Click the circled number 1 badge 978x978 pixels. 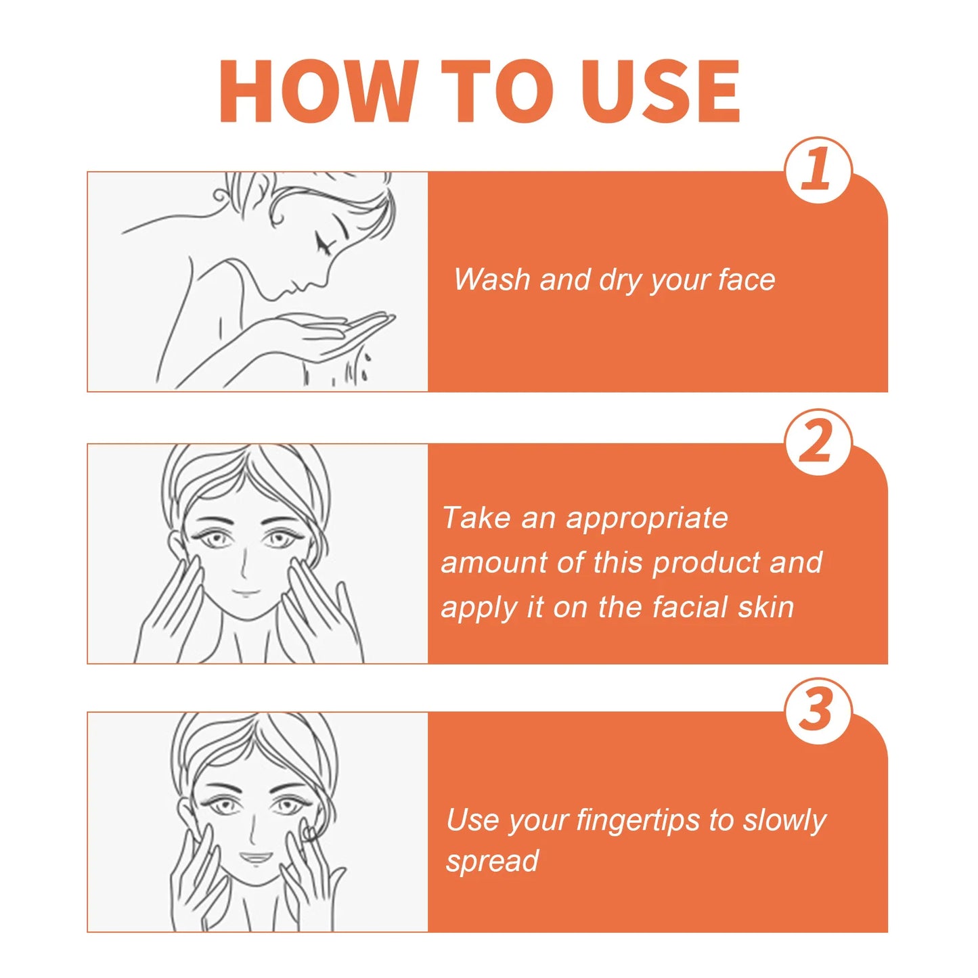coord(818,170)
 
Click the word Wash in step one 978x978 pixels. coord(492,280)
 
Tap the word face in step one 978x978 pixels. coord(747,280)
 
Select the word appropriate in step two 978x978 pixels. coord(647,519)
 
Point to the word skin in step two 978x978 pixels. coord(765,607)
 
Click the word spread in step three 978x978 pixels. coord(492,862)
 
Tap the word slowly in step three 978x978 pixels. coord(784,821)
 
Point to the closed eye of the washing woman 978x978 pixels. coord(324,242)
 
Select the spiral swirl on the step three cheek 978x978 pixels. coord(307,832)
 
